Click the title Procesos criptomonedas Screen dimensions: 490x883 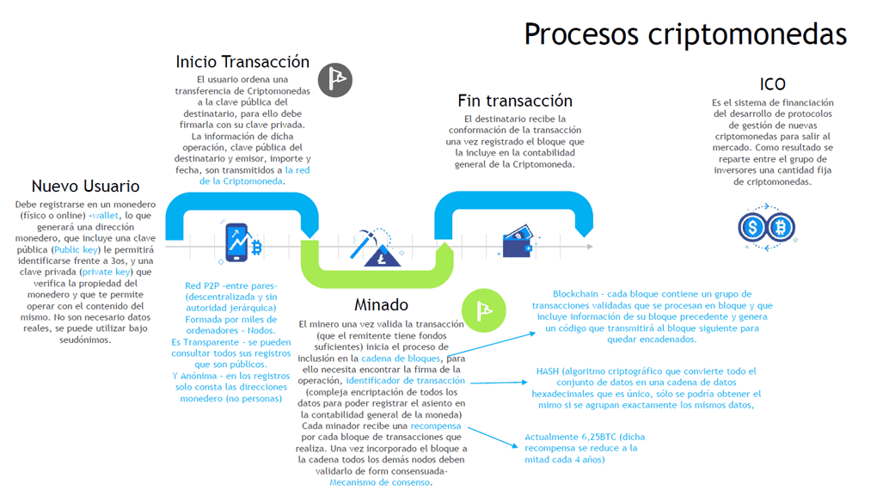[x=684, y=34]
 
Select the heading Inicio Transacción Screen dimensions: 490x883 [x=242, y=62]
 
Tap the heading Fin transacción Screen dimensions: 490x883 [x=515, y=101]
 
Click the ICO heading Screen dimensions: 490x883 [x=772, y=84]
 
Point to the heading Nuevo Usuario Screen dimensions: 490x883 [x=85, y=186]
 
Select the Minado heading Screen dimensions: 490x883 [x=381, y=304]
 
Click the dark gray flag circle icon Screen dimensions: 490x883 [x=335, y=79]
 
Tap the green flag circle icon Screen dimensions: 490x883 [x=479, y=307]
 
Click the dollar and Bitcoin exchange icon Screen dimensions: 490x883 [x=766, y=228]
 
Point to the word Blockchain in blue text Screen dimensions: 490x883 [x=581, y=294]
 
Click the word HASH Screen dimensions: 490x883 [x=548, y=371]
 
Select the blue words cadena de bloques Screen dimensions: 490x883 [x=408, y=358]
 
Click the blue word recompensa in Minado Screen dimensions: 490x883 [x=435, y=426]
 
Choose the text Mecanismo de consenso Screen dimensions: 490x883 [x=379, y=482]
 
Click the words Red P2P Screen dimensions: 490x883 [x=202, y=285]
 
